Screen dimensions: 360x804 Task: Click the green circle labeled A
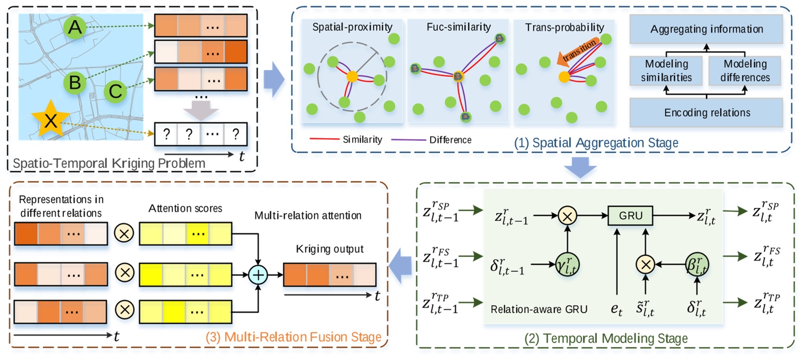(x=74, y=27)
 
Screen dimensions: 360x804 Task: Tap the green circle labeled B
(x=74, y=82)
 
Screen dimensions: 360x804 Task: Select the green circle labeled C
(x=115, y=91)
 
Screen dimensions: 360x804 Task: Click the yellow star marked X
(x=50, y=120)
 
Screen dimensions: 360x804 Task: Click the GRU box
(x=630, y=216)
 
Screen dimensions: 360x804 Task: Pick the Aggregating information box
(x=706, y=29)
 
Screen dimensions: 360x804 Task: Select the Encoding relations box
(x=706, y=113)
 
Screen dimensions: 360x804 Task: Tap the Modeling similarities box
(x=666, y=71)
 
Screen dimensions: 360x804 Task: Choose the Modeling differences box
(x=744, y=71)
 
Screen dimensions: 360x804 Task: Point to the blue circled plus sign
(x=258, y=275)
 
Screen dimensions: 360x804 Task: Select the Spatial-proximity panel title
(x=352, y=27)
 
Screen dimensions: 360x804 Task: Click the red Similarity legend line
(x=324, y=139)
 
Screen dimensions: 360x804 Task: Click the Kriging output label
(x=330, y=249)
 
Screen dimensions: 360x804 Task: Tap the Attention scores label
(x=185, y=208)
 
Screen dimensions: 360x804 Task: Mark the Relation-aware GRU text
(x=539, y=309)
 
